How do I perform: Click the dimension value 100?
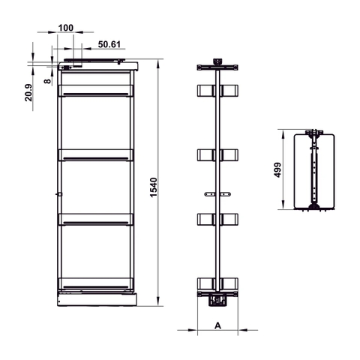pyautogui.click(x=64, y=28)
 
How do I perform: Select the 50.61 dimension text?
pyautogui.click(x=109, y=44)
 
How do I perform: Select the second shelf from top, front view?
pyautogui.click(x=96, y=155)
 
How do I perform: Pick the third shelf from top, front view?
pyautogui.click(x=96, y=219)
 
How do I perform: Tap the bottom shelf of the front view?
pyautogui.click(x=96, y=283)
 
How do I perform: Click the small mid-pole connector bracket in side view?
pyautogui.click(x=217, y=196)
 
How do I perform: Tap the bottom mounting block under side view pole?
pyautogui.click(x=218, y=300)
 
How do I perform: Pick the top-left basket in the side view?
pyautogui.click(x=205, y=91)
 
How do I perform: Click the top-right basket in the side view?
pyautogui.click(x=230, y=91)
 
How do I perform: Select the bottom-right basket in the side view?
pyautogui.click(x=230, y=283)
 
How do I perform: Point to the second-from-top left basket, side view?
pyautogui.click(x=205, y=155)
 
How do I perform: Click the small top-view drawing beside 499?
pyautogui.click(x=313, y=171)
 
